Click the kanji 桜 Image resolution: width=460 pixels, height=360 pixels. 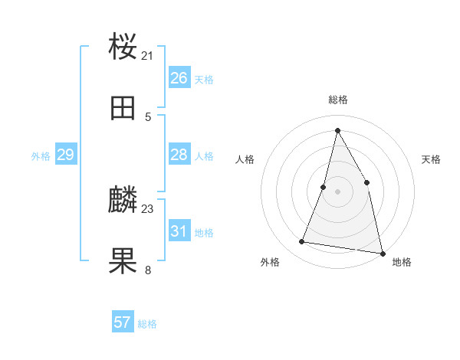click(x=123, y=46)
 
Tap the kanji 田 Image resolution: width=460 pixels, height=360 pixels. click(x=123, y=109)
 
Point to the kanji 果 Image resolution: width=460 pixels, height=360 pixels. click(x=123, y=260)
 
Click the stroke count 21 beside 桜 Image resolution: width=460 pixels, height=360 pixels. click(x=148, y=55)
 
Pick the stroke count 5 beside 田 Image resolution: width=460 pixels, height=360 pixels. click(x=148, y=117)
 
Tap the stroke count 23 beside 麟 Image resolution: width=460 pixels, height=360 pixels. click(x=148, y=208)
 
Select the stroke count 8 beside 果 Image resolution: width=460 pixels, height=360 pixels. click(x=148, y=269)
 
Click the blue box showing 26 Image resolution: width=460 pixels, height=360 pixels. click(x=179, y=77)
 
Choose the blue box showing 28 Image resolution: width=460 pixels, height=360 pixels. click(x=179, y=155)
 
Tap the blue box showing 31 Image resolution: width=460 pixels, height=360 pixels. click(x=179, y=231)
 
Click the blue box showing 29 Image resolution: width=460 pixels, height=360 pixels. click(x=65, y=155)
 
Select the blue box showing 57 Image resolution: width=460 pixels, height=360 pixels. click(x=122, y=322)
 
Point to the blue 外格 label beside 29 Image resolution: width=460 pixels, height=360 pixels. click(x=41, y=156)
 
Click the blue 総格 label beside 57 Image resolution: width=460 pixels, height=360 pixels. click(x=147, y=324)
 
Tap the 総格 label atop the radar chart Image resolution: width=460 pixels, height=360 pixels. click(x=338, y=100)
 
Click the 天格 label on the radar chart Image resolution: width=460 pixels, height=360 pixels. click(x=432, y=159)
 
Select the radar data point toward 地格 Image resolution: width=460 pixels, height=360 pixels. click(x=382, y=253)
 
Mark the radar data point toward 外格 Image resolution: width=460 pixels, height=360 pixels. click(x=302, y=242)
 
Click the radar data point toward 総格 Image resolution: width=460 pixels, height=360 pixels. click(x=337, y=130)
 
